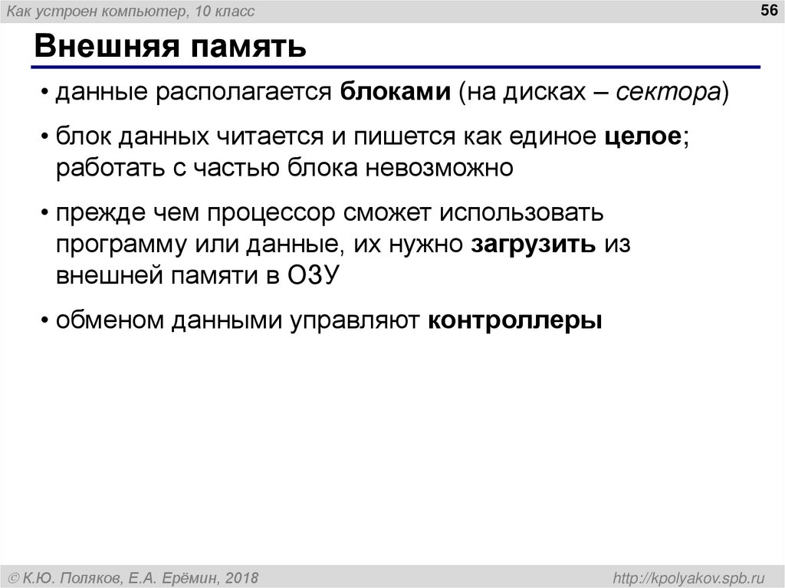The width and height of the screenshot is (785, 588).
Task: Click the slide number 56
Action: coord(767,10)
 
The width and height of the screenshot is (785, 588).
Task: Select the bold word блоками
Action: coord(396,93)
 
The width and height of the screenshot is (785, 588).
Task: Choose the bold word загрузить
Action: coord(534,244)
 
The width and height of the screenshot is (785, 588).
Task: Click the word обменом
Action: coord(108,320)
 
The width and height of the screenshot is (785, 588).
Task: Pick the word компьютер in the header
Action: coord(143,11)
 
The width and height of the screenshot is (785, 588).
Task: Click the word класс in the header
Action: coord(234,11)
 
